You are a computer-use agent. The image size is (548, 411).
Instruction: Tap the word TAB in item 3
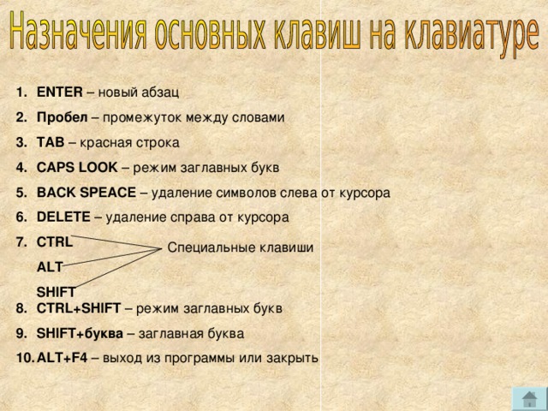click(x=51, y=142)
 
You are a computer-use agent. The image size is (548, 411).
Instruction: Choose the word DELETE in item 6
click(x=64, y=217)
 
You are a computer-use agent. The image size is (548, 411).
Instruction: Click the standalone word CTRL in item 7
click(x=55, y=242)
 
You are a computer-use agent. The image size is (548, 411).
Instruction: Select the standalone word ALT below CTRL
click(x=50, y=267)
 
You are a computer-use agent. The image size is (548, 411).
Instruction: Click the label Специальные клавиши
click(x=241, y=248)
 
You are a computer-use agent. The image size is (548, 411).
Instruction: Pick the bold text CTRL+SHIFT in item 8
click(x=79, y=308)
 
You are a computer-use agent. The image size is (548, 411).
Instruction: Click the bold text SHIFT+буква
click(x=80, y=333)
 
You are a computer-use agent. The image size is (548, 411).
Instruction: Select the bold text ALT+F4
click(x=63, y=358)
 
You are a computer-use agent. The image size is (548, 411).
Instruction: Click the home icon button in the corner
click(x=528, y=398)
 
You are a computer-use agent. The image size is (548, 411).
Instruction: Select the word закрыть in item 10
click(x=293, y=358)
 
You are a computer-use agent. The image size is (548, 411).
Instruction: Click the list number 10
click(x=24, y=358)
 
